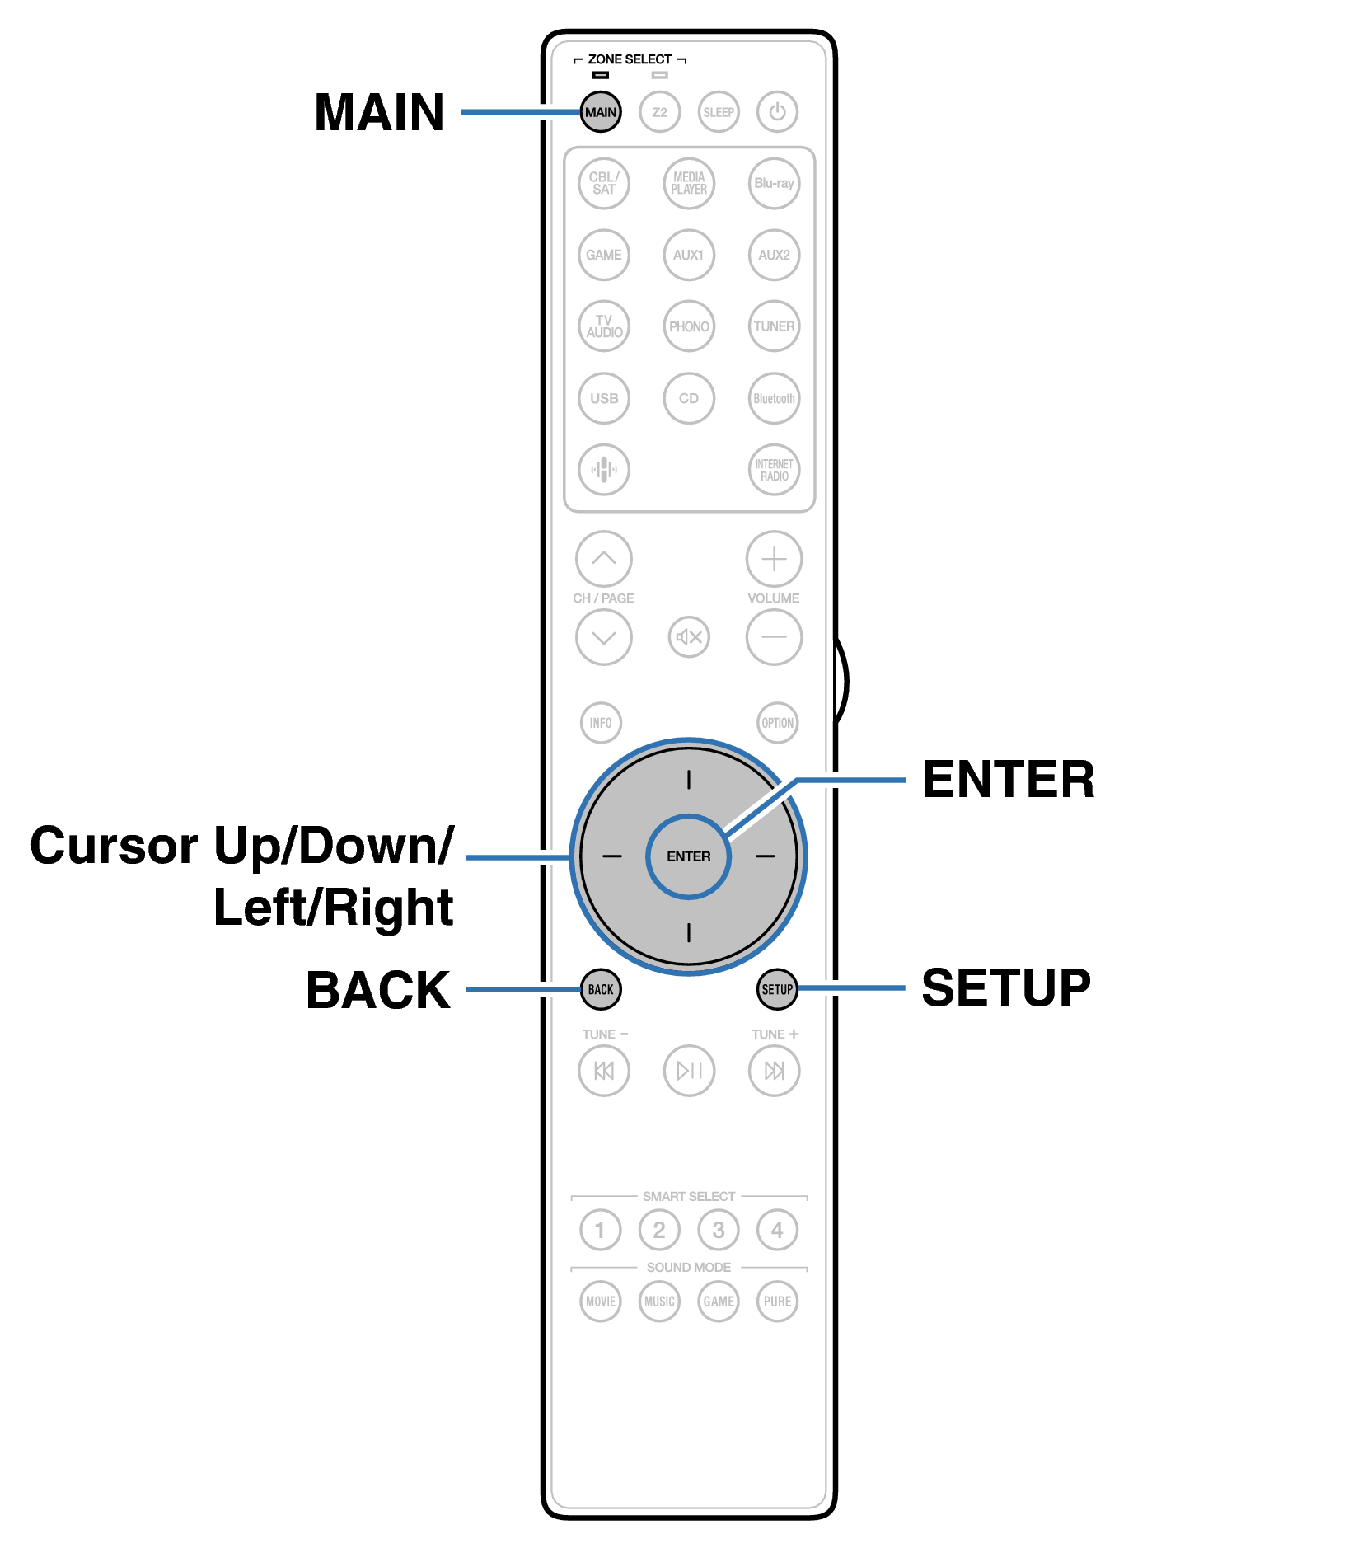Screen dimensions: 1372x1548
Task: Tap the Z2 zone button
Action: click(x=659, y=112)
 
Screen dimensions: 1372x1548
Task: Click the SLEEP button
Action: click(x=719, y=112)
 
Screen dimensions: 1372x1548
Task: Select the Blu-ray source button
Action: click(x=775, y=183)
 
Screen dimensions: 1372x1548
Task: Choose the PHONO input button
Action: click(x=689, y=326)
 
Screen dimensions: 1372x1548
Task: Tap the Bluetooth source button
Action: click(x=775, y=398)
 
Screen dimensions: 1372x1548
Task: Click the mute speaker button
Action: click(x=689, y=637)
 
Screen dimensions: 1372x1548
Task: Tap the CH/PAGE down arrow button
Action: click(x=604, y=637)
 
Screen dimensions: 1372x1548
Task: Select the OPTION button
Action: click(x=777, y=723)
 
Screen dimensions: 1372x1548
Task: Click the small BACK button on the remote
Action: click(x=601, y=989)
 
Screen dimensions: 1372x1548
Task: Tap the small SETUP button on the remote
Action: click(x=777, y=989)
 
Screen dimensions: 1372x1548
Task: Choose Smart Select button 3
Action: click(x=719, y=1230)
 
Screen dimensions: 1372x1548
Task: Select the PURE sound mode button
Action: click(x=777, y=1302)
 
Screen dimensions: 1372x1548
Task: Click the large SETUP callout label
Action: click(x=1006, y=987)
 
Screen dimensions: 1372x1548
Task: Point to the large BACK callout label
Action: click(x=378, y=990)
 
